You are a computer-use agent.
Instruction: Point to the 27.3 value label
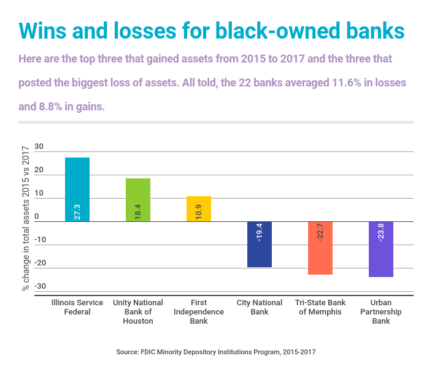pos(78,212)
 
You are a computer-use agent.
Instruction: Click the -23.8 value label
pos(382,232)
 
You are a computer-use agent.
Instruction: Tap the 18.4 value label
pos(139,212)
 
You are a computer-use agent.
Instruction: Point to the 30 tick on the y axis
pos(39,147)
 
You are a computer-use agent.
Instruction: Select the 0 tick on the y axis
pos(37,216)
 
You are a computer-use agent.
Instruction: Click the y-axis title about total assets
pos(25,218)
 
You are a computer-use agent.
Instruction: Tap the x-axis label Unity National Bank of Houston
pos(138,311)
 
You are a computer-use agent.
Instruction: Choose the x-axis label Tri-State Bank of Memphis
pos(320,307)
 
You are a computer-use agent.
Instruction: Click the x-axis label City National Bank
pos(260,307)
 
